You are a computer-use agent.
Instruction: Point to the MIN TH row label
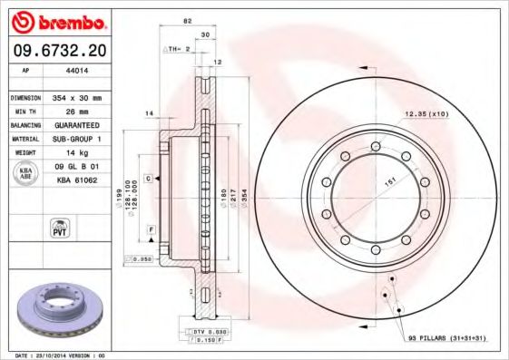point(24,110)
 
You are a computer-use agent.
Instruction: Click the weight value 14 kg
point(75,153)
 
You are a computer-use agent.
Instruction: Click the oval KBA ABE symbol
point(26,174)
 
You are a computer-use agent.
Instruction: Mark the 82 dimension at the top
point(187,19)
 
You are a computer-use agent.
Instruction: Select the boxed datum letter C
point(147,180)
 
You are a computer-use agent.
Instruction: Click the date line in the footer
point(56,355)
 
